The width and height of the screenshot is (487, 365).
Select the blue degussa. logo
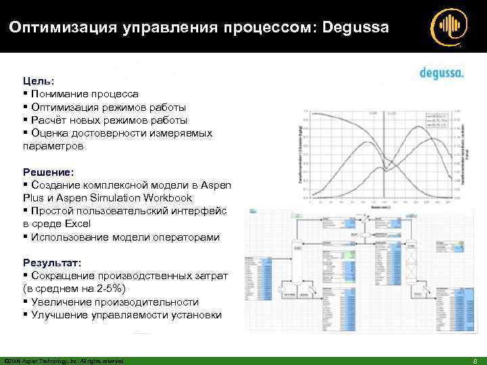[x=440, y=73]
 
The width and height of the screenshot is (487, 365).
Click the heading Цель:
[x=37, y=82]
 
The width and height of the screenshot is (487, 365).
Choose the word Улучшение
[x=59, y=314]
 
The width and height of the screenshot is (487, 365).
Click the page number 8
[x=476, y=361]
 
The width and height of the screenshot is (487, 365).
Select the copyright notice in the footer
[x=64, y=361]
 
